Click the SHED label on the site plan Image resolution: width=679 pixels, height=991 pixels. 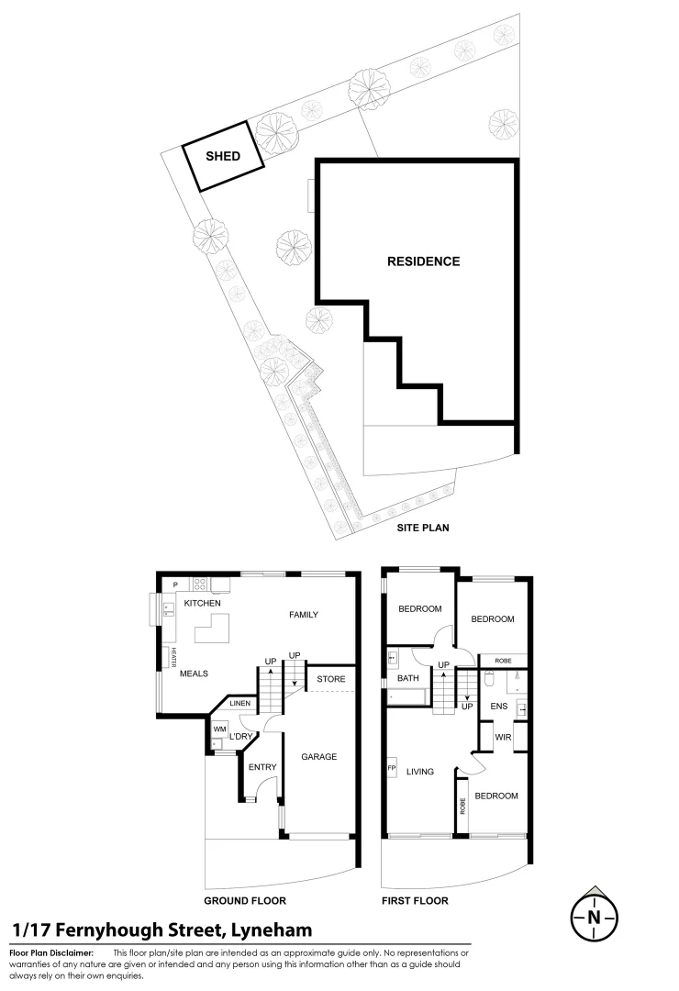[223, 156]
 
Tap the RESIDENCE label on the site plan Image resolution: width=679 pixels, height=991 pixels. [423, 262]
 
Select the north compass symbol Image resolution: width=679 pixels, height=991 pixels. [594, 916]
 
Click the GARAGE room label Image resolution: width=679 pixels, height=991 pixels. [319, 757]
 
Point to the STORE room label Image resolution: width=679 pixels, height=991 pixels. [330, 679]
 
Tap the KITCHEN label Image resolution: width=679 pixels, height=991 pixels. [202, 603]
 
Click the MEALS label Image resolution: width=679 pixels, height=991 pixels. [194, 674]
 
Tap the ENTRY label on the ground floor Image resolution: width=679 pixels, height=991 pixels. [262, 767]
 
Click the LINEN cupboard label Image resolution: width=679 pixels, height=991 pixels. [239, 704]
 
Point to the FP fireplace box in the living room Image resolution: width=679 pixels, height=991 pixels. [392, 769]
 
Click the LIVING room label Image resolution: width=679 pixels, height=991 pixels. [419, 772]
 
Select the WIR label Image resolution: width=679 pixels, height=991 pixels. [503, 738]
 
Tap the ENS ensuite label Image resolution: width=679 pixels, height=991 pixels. [499, 706]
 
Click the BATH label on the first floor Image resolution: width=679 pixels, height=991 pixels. [408, 678]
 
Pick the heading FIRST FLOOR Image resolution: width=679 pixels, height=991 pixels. [415, 901]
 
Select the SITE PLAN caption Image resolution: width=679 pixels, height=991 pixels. [422, 529]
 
